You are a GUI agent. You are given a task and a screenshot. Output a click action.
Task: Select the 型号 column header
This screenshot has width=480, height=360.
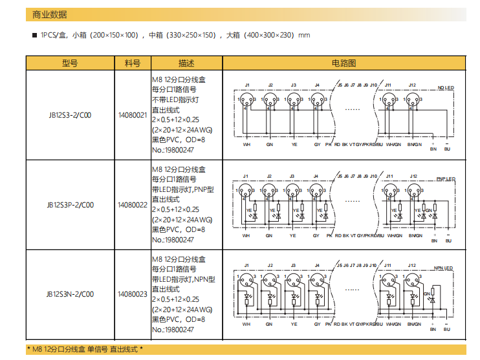(70, 63)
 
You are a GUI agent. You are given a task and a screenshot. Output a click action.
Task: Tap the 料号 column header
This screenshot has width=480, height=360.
(133, 63)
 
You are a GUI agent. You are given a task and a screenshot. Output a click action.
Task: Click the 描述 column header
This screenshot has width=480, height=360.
(186, 63)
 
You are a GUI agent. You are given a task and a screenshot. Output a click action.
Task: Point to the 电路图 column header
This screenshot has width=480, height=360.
(344, 63)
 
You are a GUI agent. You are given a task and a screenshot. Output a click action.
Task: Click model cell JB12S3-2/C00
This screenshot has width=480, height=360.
(70, 116)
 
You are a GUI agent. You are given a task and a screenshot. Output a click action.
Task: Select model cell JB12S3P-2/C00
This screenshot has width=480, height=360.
(70, 205)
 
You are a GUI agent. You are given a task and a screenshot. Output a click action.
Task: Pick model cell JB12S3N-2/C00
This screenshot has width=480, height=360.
(70, 294)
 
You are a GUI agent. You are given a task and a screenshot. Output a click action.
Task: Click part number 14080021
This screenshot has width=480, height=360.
(133, 116)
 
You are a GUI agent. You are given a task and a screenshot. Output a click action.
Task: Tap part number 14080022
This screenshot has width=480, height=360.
(133, 205)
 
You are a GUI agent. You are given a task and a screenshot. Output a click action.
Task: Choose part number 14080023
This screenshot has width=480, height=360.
(133, 294)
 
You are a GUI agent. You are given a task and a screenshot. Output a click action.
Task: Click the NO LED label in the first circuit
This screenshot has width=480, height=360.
(446, 88)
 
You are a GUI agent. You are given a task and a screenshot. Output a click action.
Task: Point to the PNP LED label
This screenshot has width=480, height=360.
(446, 179)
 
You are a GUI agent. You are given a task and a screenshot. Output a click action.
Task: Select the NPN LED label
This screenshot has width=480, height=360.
(446, 268)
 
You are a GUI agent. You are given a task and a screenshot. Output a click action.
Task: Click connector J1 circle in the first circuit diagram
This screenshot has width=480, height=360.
(246, 100)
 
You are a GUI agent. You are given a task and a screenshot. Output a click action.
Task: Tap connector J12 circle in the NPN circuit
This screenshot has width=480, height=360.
(412, 281)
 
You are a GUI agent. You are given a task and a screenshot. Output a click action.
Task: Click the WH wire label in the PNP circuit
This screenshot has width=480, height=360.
(246, 236)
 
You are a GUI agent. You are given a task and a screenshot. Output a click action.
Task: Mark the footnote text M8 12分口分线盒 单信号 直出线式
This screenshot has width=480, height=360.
(85, 350)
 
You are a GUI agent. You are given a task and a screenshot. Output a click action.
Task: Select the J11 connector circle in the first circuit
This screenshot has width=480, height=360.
(388, 100)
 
